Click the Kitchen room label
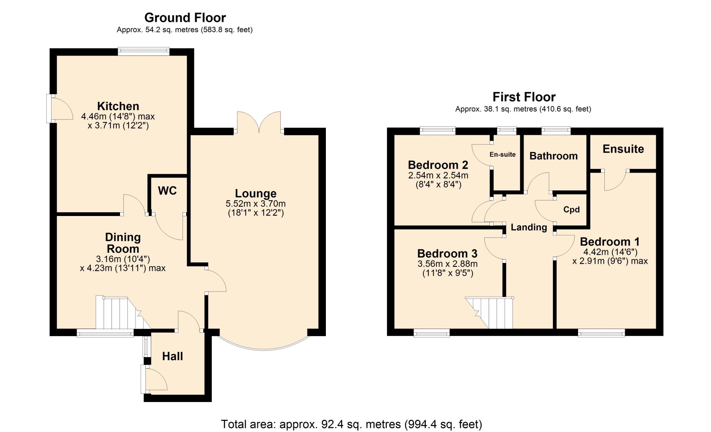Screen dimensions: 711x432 tap(118, 106)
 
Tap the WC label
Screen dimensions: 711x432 tap(167, 191)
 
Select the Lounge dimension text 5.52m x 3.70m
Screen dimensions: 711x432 tap(256, 203)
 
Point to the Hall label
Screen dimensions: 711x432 tap(173, 356)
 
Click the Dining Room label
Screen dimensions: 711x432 tap(123, 243)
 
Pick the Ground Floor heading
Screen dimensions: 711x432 tap(185, 17)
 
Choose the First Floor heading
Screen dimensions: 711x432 tap(524, 97)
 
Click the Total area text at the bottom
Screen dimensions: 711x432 tap(352, 424)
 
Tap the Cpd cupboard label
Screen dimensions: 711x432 tap(571, 210)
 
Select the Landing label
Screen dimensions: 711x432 tap(529, 227)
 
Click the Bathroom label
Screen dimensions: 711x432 tap(554, 156)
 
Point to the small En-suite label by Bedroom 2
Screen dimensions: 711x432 tap(503, 154)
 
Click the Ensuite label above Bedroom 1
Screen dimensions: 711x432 tap(623, 149)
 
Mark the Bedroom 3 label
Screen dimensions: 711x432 tap(447, 253)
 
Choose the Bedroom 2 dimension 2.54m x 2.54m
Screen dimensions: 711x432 tap(438, 175)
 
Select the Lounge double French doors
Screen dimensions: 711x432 tap(259, 122)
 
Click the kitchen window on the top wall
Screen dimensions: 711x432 tap(144, 51)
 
